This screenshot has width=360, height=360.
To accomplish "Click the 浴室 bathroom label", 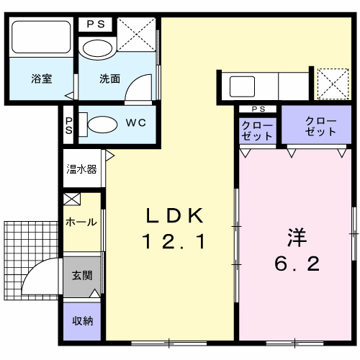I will point(41,79).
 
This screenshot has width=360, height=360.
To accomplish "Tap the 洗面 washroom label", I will point(109,79).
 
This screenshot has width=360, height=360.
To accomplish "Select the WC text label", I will point(136,122).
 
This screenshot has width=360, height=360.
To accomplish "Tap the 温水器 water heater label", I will point(82,169).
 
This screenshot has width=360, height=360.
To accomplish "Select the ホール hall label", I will point(81,222).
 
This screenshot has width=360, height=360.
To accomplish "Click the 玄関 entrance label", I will point(81,275).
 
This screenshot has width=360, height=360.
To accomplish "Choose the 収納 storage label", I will point(81,320).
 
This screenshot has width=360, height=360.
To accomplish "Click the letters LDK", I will point(176,215).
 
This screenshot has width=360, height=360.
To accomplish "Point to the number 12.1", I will point(176,243).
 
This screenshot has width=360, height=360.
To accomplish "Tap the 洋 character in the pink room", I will point(295,236).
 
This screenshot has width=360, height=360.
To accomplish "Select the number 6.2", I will point(295,264).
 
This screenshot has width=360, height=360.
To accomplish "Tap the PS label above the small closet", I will point(258,109).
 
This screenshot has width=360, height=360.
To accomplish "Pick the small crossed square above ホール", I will point(71,199).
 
